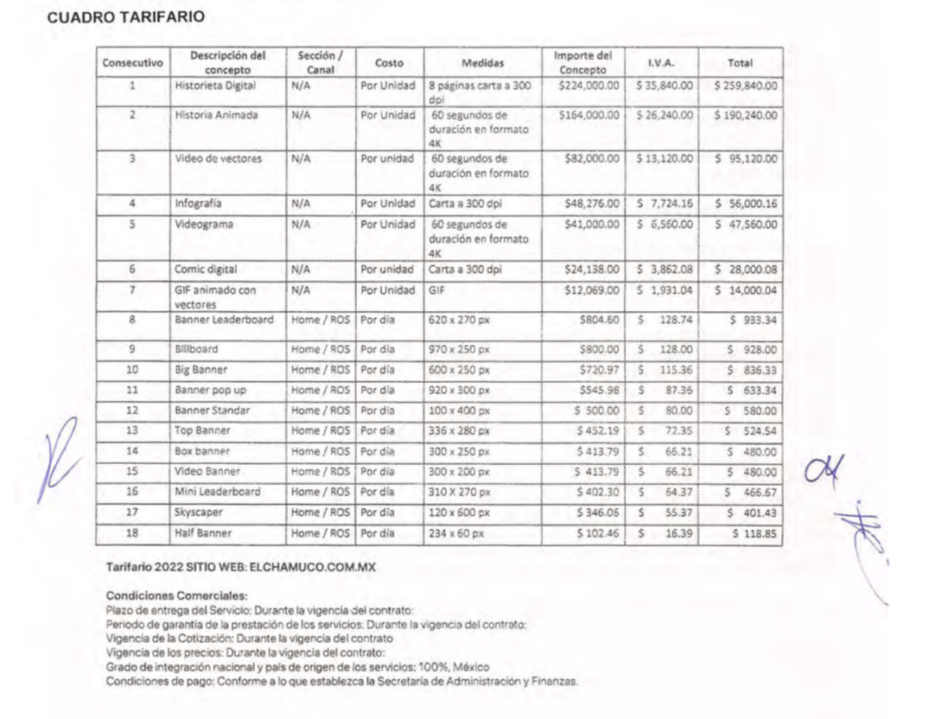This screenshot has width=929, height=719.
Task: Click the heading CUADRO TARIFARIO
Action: [125, 17]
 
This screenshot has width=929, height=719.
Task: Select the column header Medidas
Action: [482, 64]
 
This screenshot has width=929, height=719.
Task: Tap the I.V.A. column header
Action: [660, 64]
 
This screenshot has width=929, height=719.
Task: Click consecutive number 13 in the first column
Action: [132, 430]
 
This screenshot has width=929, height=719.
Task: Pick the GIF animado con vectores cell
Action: [213, 296]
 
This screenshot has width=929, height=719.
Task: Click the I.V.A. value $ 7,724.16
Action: [664, 203]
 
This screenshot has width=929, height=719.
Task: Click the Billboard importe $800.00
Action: [598, 349]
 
